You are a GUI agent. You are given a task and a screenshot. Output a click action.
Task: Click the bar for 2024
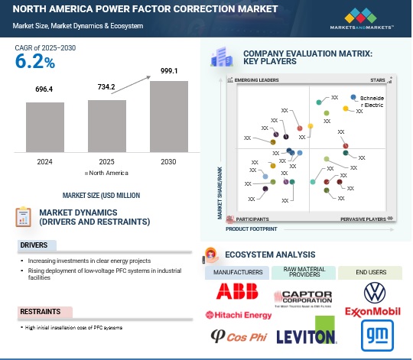click(50, 128)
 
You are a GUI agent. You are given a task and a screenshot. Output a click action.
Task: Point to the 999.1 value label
click(168, 70)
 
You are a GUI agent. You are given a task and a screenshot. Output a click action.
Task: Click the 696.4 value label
click(50, 90)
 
